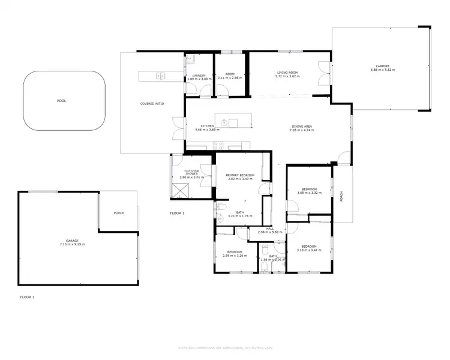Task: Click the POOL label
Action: click(x=61, y=101)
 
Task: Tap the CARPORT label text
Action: click(x=382, y=66)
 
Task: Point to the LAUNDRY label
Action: click(x=199, y=75)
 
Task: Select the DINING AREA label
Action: click(x=301, y=126)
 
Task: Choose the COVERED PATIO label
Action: click(x=152, y=104)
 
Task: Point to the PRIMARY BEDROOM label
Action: click(x=240, y=175)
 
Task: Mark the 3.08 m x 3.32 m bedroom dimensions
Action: click(x=310, y=193)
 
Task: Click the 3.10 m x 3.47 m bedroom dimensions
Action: click(x=309, y=250)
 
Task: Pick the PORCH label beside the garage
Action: click(x=119, y=212)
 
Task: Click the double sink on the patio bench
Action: click(x=160, y=76)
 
